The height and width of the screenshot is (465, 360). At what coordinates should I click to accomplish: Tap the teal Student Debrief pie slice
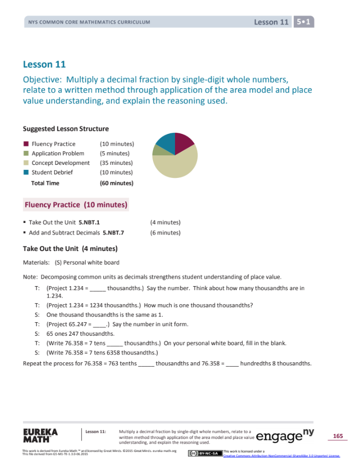166,143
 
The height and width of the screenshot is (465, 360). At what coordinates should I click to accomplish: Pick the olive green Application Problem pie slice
157,150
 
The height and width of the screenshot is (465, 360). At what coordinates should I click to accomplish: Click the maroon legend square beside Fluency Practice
26,144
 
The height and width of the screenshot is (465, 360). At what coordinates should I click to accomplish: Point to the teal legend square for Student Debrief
26,172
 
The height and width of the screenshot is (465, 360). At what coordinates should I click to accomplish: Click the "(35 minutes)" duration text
116,163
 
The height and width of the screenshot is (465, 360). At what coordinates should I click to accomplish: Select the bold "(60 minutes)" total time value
117,183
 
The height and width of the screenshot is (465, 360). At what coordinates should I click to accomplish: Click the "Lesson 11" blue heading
45,64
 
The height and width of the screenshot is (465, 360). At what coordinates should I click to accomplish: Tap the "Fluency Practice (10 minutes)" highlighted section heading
76,204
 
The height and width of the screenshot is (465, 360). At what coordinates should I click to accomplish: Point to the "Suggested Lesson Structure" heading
66,129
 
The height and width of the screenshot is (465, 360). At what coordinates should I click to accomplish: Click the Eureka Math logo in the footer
40,435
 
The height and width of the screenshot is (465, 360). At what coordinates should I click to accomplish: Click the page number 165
337,436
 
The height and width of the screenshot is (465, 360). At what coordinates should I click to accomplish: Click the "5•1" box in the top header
303,22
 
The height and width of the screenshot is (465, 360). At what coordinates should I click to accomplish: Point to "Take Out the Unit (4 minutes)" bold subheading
70,249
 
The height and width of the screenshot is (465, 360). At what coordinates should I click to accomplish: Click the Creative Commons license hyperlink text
281,455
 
